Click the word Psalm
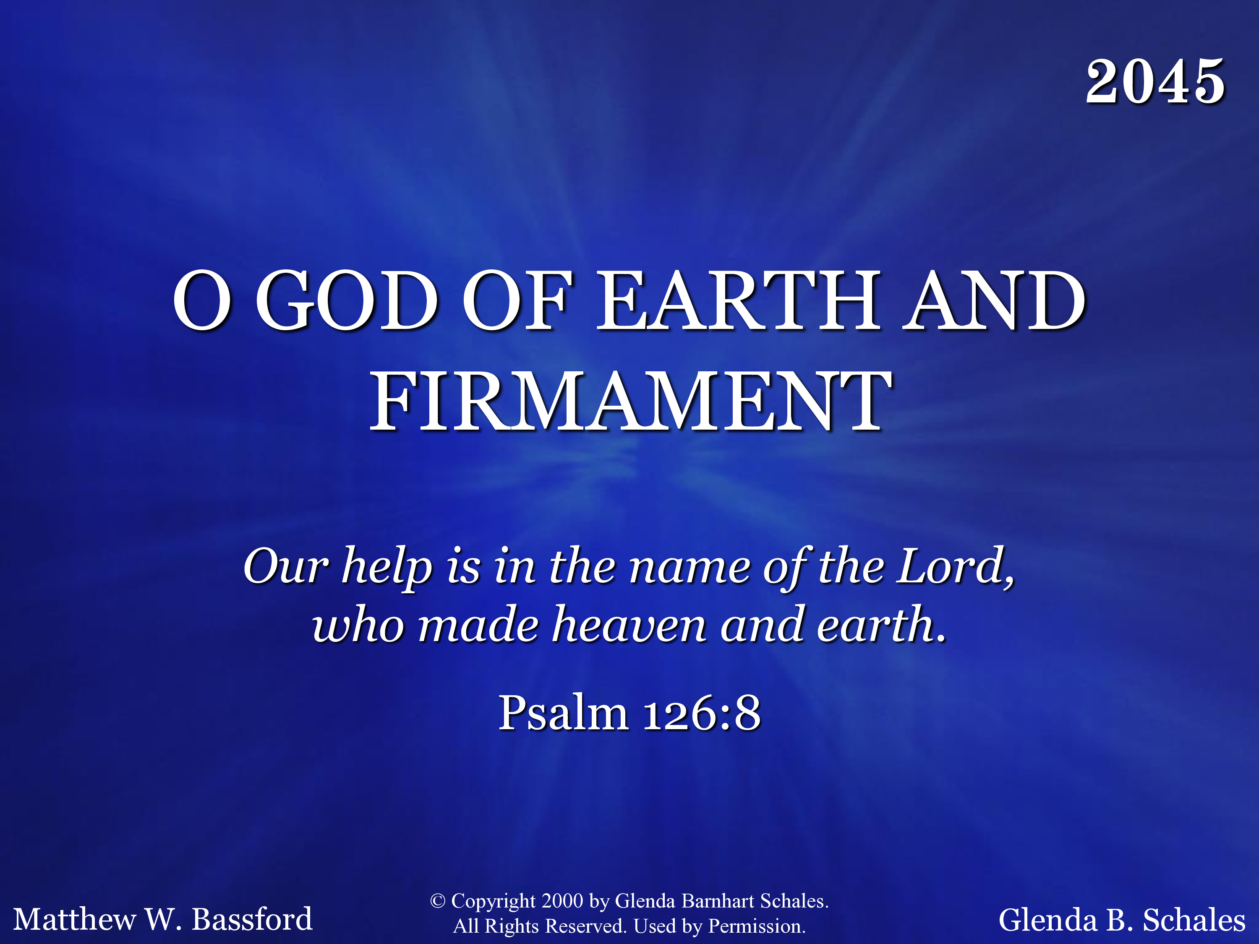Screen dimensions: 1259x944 (x=564, y=712)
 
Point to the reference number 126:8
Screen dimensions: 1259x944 (x=702, y=712)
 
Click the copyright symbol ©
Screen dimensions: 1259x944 (x=437, y=901)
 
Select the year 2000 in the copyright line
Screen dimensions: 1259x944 (x=562, y=901)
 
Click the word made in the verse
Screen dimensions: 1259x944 (x=478, y=624)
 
